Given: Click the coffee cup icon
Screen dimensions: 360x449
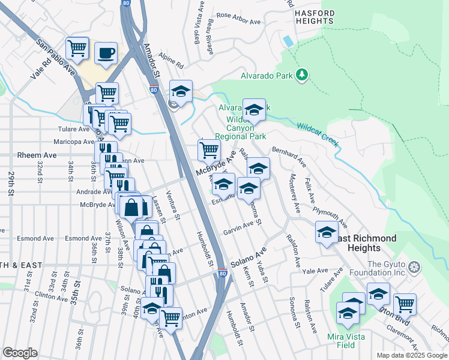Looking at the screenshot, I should coord(106,52).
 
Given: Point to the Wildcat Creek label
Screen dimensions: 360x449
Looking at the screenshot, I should coord(318,133).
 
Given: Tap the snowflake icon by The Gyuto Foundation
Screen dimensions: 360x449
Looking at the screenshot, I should coord(413,266).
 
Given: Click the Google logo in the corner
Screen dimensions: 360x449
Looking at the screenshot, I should coord(20,352).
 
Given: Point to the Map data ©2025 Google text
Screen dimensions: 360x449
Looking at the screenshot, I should coord(411,355).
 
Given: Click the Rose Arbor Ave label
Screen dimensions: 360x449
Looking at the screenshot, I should coord(238,18).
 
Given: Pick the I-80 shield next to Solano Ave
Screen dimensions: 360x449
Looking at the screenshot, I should coord(223,274).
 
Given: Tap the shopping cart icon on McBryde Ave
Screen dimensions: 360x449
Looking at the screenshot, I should coord(208,150).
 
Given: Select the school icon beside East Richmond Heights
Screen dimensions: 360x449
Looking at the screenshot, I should coord(327,232).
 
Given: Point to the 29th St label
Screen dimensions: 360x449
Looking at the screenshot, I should coord(11,184).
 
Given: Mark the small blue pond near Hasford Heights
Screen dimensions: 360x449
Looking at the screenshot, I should coord(288,41).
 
